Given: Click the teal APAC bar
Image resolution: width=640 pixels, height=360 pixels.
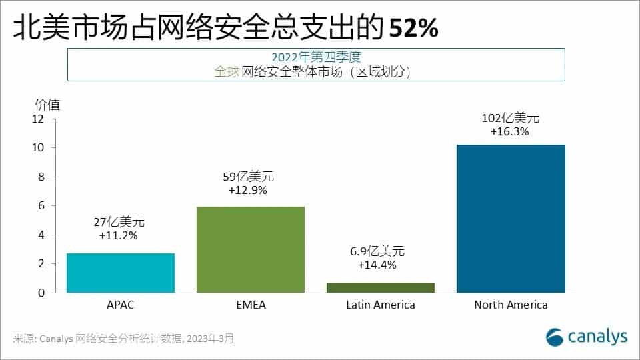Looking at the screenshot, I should (121, 273).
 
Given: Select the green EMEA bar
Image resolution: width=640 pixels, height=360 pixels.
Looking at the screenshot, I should (251, 249).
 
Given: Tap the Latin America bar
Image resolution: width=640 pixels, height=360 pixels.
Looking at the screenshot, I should (381, 287).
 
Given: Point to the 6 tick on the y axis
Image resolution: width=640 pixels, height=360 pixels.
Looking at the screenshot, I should (40, 206).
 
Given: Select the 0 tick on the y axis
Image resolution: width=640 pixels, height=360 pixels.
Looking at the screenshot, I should (40, 293).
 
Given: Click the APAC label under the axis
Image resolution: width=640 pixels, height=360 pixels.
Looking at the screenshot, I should (121, 305).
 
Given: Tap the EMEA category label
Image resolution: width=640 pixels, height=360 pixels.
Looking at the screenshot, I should (251, 305).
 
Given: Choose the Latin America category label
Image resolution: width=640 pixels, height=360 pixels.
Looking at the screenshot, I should (381, 305).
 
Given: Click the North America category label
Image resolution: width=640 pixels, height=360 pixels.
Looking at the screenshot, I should (511, 305).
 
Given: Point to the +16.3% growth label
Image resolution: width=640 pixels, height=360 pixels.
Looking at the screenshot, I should (510, 132).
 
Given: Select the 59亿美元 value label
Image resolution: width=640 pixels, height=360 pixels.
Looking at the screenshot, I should (248, 177).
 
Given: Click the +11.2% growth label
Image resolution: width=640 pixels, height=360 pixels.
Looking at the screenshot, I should (118, 235).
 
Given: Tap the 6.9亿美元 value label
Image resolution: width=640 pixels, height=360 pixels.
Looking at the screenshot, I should (378, 251).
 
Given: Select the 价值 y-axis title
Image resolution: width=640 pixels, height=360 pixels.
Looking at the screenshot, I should (47, 104).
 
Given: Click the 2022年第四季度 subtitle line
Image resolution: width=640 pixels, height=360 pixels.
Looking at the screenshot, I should (317, 57).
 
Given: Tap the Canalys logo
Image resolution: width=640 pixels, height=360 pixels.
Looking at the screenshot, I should (586, 337).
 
